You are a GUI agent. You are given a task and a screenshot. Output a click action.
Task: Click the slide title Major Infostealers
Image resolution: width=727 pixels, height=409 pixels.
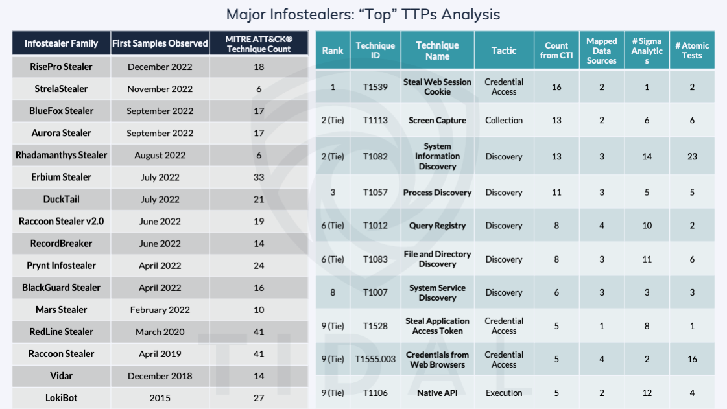363,14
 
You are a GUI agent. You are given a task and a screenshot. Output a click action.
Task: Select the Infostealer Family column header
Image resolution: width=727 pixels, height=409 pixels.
62,44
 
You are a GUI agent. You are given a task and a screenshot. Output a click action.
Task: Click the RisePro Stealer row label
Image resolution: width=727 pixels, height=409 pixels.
62,67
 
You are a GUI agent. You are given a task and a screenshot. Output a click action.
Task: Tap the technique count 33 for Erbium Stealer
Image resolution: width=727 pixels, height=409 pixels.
259,177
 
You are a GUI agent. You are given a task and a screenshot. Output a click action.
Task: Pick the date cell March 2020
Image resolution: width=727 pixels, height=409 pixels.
160,332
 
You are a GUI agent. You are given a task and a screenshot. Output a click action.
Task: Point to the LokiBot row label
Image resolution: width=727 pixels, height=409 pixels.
62,398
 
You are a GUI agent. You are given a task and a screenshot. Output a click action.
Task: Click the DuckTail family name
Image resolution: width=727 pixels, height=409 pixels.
62,199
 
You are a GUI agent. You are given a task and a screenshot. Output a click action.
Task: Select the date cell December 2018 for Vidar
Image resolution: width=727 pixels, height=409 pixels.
160,376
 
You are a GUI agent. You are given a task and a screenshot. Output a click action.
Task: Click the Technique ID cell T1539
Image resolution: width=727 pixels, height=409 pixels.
375,87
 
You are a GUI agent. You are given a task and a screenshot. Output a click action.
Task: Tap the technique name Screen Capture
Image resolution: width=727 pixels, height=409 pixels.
437,120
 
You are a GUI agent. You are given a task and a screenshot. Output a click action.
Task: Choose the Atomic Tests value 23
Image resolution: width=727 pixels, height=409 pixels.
692,156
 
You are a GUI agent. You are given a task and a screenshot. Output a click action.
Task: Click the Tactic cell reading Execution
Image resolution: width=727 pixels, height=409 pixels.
504,393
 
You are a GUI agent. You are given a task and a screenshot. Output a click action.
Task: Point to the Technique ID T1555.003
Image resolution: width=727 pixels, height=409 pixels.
375,359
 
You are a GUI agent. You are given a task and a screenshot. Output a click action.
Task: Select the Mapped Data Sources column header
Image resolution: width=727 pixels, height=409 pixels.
601,51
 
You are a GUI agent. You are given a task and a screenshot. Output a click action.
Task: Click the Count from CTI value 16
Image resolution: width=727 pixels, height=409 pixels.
556,87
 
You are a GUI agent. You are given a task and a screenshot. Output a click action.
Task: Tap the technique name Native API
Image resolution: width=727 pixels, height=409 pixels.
437,393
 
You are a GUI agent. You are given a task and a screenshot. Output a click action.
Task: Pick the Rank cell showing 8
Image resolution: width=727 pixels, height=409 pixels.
333,292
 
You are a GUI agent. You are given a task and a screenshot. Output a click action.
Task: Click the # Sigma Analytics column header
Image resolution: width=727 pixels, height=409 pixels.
647,51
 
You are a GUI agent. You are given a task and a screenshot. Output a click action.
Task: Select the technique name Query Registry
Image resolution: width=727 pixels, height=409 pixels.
437,226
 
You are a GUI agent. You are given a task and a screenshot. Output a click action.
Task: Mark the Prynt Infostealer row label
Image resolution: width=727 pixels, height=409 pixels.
62,266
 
